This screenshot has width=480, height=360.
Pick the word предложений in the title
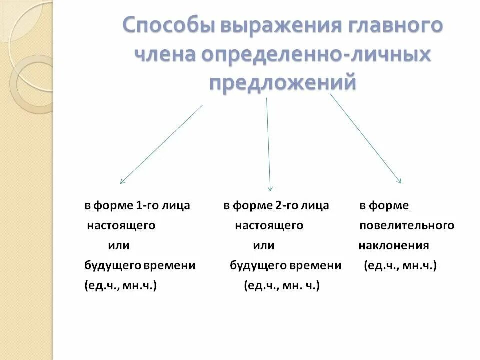tap(283, 82)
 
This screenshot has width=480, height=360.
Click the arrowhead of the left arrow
tap(121, 182)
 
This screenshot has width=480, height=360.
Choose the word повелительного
tap(407, 226)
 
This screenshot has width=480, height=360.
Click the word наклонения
tap(393, 246)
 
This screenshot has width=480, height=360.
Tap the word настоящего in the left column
tap(121, 226)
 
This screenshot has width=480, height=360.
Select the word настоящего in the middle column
tap(269, 226)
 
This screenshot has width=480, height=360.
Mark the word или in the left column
tap(119, 246)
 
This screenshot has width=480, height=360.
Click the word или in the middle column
tap(264, 246)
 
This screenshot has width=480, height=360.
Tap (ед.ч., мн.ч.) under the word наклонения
tap(400, 266)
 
